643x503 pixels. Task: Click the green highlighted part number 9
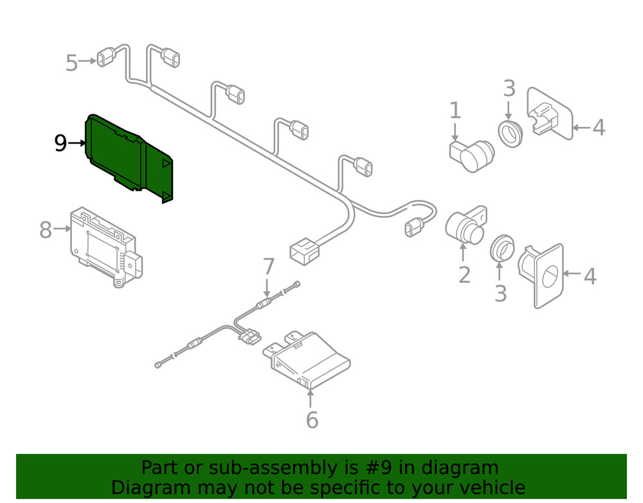pyautogui.click(x=127, y=158)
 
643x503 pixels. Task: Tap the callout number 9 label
pyautogui.click(x=60, y=144)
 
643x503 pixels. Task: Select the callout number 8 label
pyautogui.click(x=46, y=229)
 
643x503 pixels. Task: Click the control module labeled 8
pyautogui.click(x=106, y=247)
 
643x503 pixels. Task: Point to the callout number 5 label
pyautogui.click(x=71, y=63)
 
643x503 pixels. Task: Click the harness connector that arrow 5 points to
pyautogui.click(x=106, y=57)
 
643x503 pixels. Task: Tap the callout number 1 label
pyautogui.click(x=455, y=111)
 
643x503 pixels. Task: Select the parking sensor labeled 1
pyautogui.click(x=471, y=156)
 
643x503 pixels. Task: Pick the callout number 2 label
pyautogui.click(x=464, y=275)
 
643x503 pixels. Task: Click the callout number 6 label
pyautogui.click(x=312, y=420)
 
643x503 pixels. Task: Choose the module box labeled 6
pyautogui.click(x=306, y=359)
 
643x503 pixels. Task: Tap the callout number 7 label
pyautogui.click(x=268, y=266)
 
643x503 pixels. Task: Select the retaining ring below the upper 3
pyautogui.click(x=511, y=134)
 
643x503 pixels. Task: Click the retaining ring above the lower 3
pyautogui.click(x=502, y=248)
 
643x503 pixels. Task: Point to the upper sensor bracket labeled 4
pyautogui.click(x=550, y=114)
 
